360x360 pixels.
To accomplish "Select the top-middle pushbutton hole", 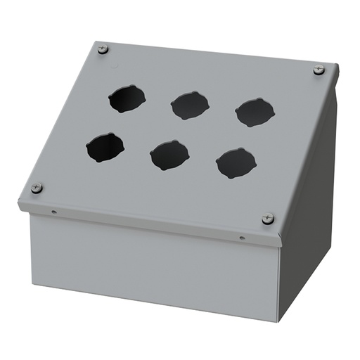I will point(189,105).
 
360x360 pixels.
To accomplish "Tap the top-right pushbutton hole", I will point(255,112).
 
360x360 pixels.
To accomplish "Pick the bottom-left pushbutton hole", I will point(105,148).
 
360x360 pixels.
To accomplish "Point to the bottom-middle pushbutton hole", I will point(169,155).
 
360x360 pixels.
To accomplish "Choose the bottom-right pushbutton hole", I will point(236,163).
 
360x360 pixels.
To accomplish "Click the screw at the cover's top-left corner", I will point(103,49).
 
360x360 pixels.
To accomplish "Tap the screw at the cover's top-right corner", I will point(319,70).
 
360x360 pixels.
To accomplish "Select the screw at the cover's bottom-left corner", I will point(37,188).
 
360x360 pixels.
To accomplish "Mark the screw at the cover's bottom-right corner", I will point(267,219).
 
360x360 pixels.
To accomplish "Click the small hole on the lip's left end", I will point(54,210).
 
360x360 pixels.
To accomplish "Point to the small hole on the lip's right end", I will point(243,238).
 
